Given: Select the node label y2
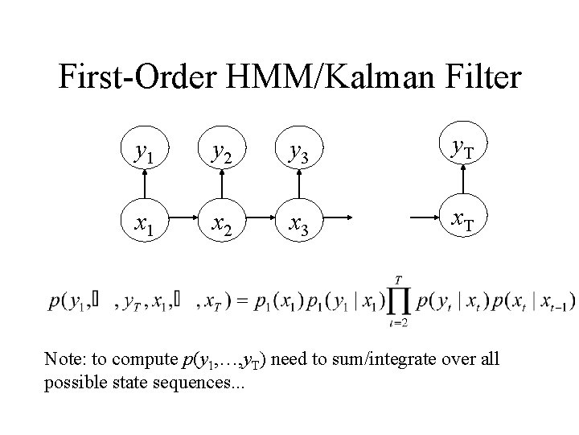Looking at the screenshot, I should point(218,151).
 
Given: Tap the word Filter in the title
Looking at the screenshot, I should point(478,78).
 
